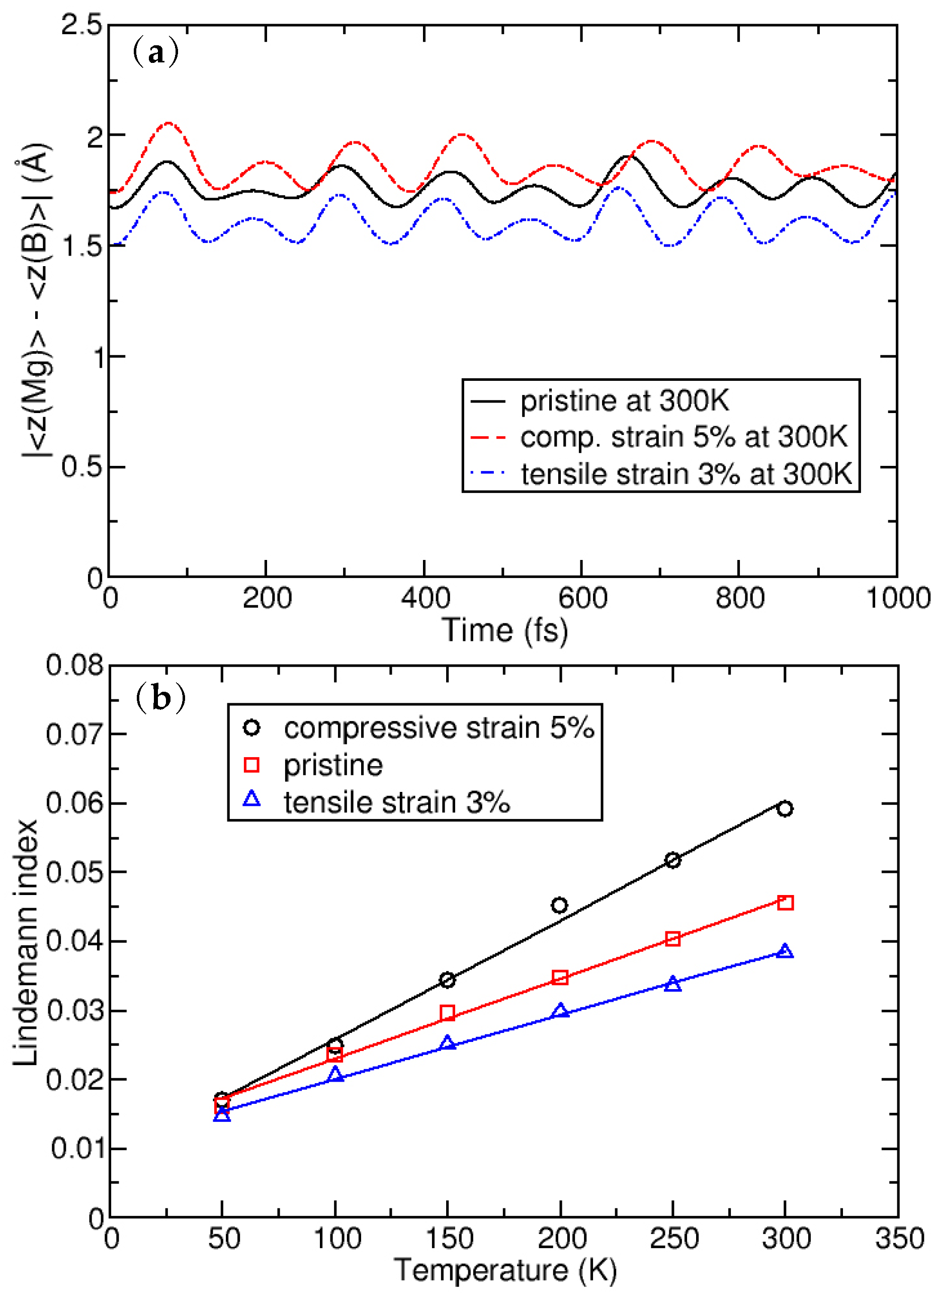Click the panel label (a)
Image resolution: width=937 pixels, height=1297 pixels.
click(155, 53)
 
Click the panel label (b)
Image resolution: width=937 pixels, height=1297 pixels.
click(160, 698)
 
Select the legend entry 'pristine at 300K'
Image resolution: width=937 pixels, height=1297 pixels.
click(624, 401)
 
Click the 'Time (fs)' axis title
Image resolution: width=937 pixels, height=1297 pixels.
click(505, 631)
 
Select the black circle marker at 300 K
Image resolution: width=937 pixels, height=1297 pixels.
click(785, 808)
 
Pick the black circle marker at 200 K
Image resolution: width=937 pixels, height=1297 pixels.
click(560, 905)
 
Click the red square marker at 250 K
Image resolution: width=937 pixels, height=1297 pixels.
click(673, 939)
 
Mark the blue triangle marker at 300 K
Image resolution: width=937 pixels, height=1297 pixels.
click(785, 951)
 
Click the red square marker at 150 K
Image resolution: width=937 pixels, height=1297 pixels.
click(448, 1013)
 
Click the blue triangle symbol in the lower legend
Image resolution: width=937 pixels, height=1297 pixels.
click(251, 799)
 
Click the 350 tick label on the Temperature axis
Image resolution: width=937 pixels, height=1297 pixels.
click(899, 1239)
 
